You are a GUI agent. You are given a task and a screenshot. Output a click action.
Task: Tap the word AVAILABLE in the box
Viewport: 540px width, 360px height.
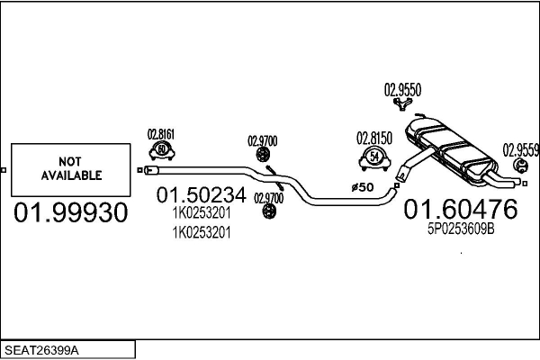70,175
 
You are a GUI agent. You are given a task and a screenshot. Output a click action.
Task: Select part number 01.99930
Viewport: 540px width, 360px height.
69,213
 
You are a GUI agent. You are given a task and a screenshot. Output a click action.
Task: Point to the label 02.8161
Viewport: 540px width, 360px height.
160,134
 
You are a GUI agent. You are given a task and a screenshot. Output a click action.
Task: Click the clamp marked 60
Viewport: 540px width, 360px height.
161,149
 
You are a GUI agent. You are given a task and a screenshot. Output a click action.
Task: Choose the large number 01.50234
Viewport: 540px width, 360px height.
201,195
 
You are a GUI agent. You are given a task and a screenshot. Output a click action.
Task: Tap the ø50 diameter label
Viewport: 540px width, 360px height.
361,187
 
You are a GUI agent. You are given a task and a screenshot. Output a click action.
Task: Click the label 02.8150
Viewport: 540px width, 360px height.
373,139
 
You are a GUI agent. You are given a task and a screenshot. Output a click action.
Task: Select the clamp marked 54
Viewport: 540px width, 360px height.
373,159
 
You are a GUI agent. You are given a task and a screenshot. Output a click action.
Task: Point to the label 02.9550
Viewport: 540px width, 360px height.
403,89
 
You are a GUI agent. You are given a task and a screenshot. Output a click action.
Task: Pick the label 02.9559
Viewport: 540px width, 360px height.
520,149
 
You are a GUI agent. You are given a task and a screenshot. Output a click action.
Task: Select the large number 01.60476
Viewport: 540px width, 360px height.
460,210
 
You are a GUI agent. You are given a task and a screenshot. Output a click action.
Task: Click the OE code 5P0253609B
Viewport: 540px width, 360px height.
461,230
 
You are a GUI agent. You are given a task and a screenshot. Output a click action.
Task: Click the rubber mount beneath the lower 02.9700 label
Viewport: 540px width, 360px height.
267,211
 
